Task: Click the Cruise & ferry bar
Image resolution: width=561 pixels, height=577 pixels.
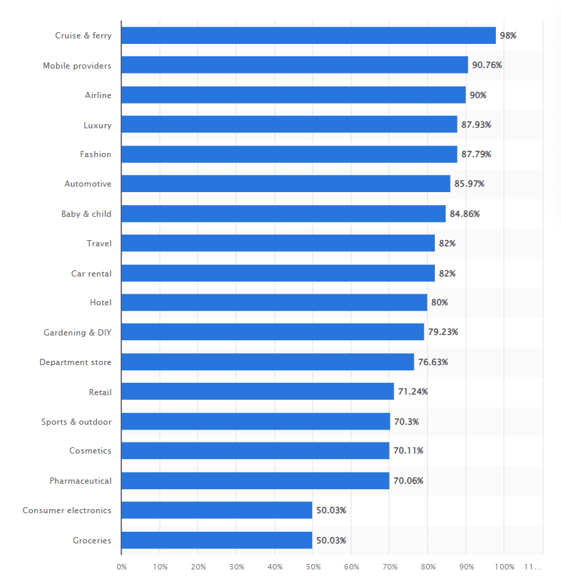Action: coord(309,36)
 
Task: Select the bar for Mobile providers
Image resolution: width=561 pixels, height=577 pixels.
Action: coord(295,65)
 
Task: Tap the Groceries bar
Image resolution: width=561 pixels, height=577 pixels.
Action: coord(217,540)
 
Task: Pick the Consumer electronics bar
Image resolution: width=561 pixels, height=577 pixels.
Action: coord(217,510)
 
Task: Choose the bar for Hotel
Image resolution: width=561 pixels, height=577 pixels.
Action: coord(274,303)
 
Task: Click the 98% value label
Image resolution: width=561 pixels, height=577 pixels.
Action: coord(508,36)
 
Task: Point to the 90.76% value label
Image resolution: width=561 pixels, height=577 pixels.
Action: coord(487,65)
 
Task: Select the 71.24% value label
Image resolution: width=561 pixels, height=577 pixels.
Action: coord(413,392)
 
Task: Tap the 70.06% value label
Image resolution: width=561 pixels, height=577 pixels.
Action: coord(408,481)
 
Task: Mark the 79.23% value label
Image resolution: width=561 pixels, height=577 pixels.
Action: coord(443,332)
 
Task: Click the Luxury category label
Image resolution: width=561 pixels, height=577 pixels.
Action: coord(97,125)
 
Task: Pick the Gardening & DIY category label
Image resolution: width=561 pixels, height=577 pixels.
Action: coord(77,332)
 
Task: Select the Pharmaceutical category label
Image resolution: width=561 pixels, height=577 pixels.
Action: coord(80,481)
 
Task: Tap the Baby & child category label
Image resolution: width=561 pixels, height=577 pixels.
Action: coord(86,213)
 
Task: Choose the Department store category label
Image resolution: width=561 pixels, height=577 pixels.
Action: coord(75,362)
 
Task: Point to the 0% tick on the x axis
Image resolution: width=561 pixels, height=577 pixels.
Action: coord(121,567)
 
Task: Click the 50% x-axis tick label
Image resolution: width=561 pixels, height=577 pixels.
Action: coord(313,567)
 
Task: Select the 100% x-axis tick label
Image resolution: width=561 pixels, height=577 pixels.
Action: coord(504,567)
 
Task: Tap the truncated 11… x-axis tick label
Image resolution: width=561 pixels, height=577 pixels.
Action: coord(533,567)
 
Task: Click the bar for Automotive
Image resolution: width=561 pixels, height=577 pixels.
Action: coord(286,184)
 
